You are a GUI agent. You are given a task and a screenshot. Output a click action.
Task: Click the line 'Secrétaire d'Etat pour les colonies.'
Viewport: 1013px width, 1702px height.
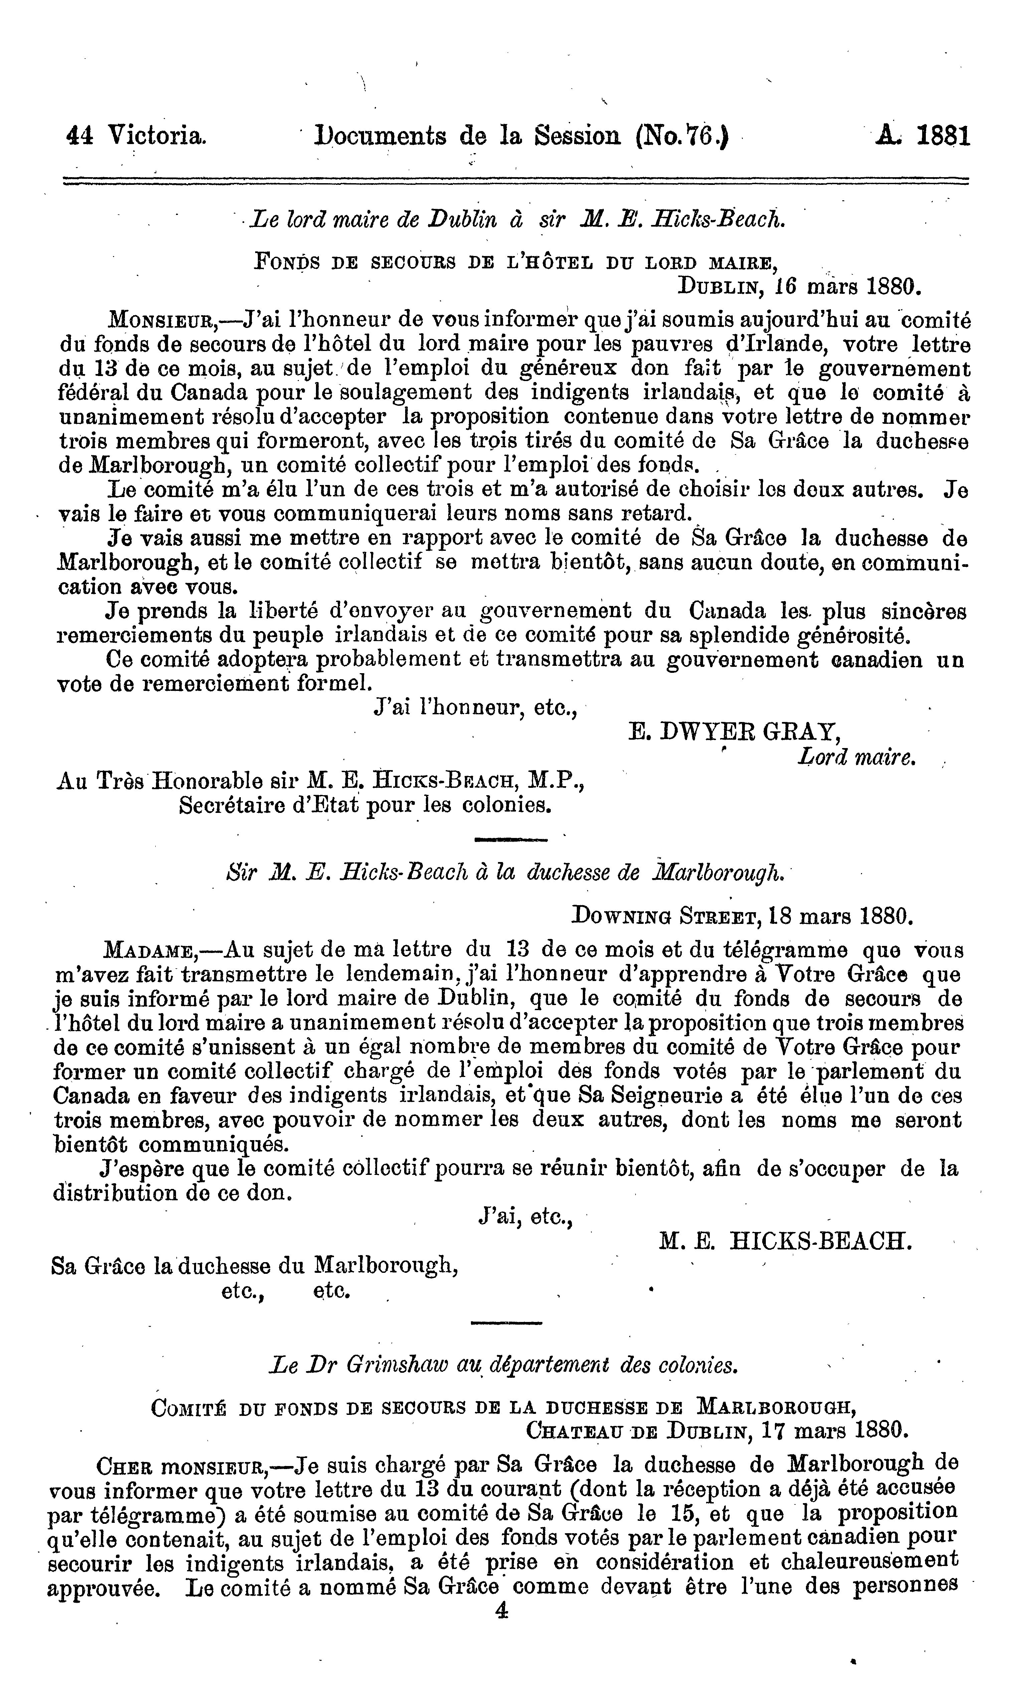[x=365, y=806]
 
